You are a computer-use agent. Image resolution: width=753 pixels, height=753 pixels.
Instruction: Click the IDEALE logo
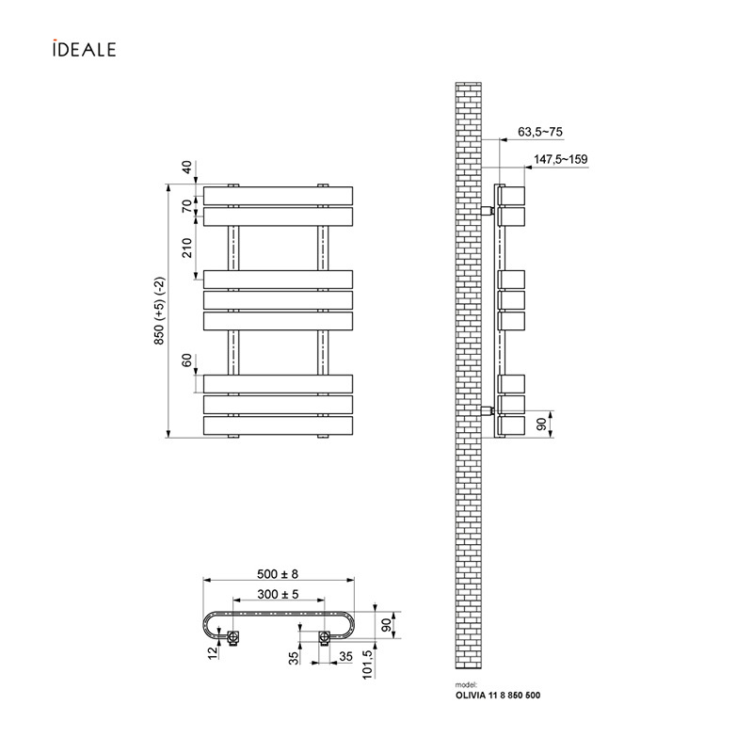coord(85,48)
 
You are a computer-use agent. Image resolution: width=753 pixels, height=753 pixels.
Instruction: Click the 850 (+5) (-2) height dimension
coord(159,311)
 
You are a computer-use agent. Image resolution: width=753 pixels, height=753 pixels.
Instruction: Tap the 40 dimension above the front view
coord(186,168)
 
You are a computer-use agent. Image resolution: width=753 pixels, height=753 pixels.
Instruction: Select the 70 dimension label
coord(186,206)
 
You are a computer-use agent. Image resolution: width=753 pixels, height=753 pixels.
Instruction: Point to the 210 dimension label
coord(186,248)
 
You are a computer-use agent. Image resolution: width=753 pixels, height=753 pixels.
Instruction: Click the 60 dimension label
coord(186,360)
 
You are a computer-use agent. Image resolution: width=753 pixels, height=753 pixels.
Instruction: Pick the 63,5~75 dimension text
coord(540,132)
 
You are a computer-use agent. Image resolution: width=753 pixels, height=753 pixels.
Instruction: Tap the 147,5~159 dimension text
coord(560,159)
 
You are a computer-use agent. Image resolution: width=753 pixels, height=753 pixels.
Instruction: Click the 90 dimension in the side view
coord(541,425)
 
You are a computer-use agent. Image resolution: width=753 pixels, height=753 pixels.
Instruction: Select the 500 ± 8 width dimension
coord(278,574)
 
